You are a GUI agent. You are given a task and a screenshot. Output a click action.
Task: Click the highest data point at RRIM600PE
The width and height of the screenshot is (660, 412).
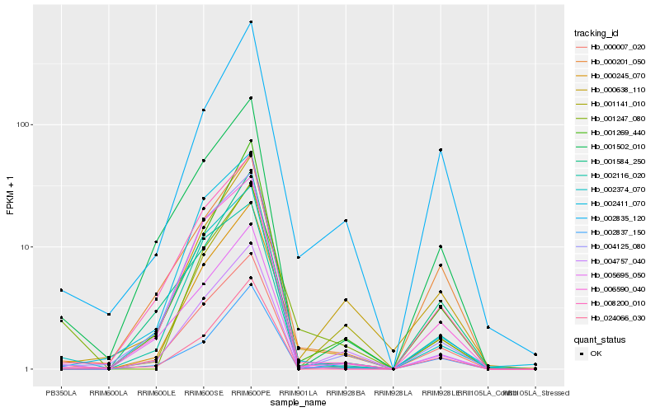click(251, 21)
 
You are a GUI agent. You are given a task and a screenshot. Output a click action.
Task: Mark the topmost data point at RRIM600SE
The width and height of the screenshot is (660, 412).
click(204, 110)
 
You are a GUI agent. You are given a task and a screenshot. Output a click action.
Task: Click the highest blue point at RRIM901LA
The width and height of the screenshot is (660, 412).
click(298, 258)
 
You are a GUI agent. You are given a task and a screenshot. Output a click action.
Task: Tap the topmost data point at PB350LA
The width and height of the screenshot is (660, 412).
click(61, 290)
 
